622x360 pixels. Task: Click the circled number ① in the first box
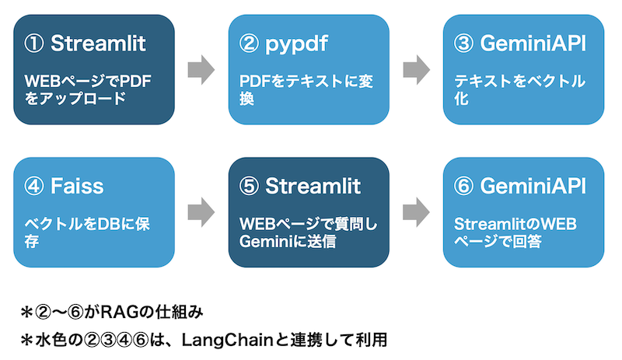tap(33, 44)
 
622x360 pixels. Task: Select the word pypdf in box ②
tap(297, 44)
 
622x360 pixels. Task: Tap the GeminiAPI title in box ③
tap(533, 44)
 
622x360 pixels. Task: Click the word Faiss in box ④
tap(77, 186)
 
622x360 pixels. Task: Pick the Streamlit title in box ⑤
tap(313, 186)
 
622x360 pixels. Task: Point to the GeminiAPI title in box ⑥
tap(533, 186)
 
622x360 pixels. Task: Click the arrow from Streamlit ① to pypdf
tap(201, 70)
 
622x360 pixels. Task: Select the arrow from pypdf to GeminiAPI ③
tap(416, 70)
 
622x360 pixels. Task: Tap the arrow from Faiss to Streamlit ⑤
tap(201, 212)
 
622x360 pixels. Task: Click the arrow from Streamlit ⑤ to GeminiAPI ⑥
tap(416, 212)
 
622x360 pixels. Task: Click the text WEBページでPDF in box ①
tap(88, 82)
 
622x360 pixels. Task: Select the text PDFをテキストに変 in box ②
tap(306, 82)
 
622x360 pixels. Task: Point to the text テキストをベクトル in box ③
tap(519, 82)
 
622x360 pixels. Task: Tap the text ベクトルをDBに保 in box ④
tap(87, 224)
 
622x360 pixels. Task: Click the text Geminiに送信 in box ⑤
tap(288, 241)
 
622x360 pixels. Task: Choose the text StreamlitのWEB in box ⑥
tap(515, 224)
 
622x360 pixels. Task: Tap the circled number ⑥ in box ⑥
tap(463, 186)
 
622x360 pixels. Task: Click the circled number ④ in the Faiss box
tap(33, 186)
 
